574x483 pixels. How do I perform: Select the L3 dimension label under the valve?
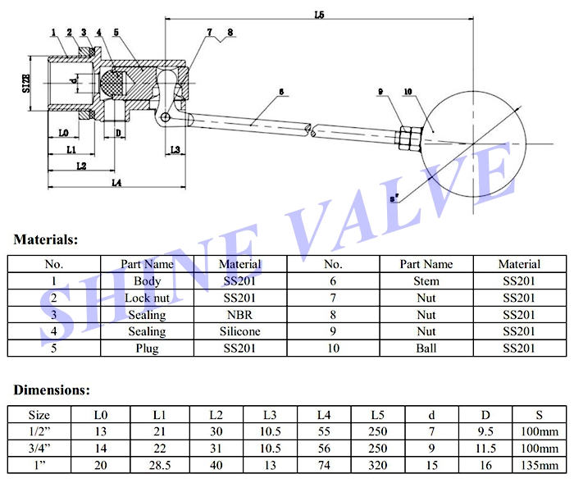click(175, 149)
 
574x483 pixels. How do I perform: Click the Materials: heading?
click(46, 240)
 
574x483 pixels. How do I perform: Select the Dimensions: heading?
click(51, 390)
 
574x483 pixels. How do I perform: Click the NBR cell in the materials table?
click(240, 315)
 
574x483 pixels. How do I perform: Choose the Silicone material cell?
click(240, 331)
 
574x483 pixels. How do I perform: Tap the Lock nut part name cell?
click(147, 298)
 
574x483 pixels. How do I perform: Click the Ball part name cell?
click(426, 349)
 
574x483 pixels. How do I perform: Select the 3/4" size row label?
click(39, 449)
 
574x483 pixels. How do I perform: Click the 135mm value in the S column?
click(537, 465)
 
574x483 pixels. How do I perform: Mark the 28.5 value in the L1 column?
click(160, 465)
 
